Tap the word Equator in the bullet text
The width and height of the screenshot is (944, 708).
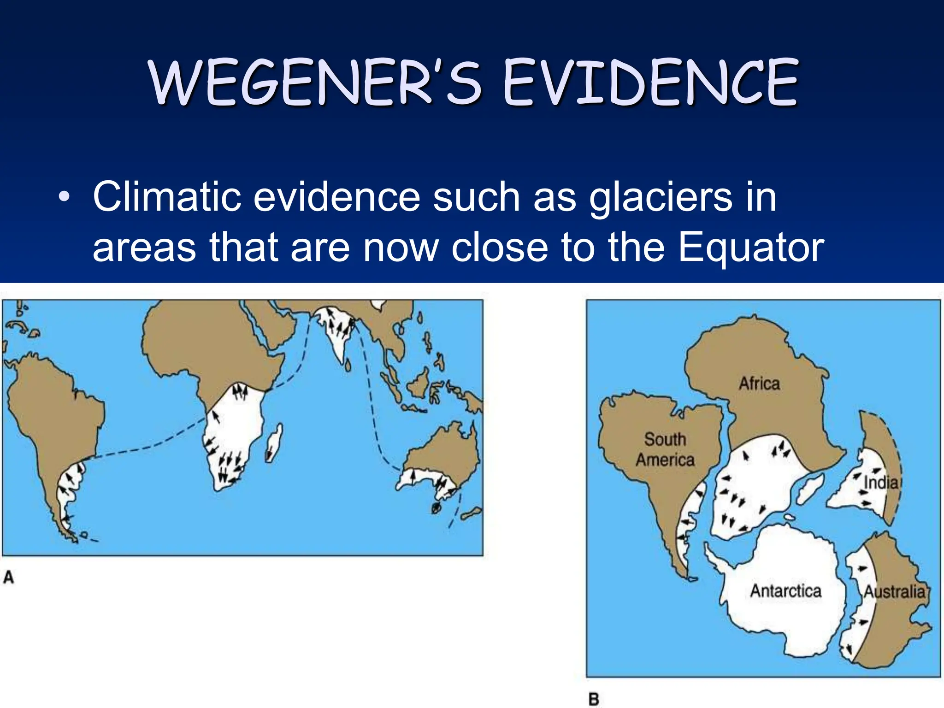click(751, 248)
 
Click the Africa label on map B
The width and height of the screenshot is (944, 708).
click(759, 383)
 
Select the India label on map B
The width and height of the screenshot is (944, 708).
click(881, 483)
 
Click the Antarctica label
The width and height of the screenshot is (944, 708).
click(785, 591)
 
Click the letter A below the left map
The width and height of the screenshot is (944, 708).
click(9, 577)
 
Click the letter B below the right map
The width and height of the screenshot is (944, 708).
click(594, 699)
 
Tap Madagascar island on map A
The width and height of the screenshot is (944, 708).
click(274, 442)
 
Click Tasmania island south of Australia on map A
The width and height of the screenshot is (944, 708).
click(436, 508)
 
